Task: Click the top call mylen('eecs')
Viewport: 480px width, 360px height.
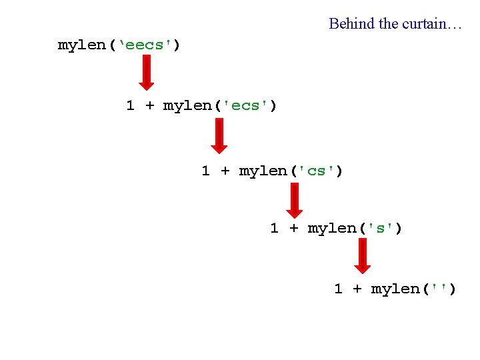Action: pyautogui.click(x=119, y=45)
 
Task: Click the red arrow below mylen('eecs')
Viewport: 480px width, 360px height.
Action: pyautogui.click(x=146, y=72)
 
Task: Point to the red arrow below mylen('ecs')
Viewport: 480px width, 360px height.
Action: pyautogui.click(x=218, y=135)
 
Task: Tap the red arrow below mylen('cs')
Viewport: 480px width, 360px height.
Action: pyautogui.click(x=293, y=200)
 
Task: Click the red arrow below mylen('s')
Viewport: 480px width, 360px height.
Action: pyautogui.click(x=362, y=256)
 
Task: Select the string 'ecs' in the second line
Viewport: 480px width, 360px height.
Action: pyautogui.click(x=246, y=106)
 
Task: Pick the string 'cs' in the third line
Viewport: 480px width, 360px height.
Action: pyautogui.click(x=317, y=171)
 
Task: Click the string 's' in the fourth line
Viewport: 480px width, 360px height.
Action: pyautogui.click(x=381, y=229)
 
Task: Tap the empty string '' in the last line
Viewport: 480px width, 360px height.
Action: pyautogui.click(x=440, y=289)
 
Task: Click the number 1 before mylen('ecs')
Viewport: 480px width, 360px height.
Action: pyautogui.click(x=131, y=106)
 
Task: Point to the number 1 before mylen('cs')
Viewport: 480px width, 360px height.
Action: pyautogui.click(x=206, y=171)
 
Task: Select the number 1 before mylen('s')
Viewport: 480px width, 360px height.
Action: pyautogui.click(x=274, y=229)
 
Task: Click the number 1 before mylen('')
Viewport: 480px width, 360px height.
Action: pyautogui.click(x=338, y=289)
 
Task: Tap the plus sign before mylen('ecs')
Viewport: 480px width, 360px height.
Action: pyautogui.click(x=149, y=106)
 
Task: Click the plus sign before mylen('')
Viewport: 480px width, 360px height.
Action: pyautogui.click(x=357, y=289)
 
